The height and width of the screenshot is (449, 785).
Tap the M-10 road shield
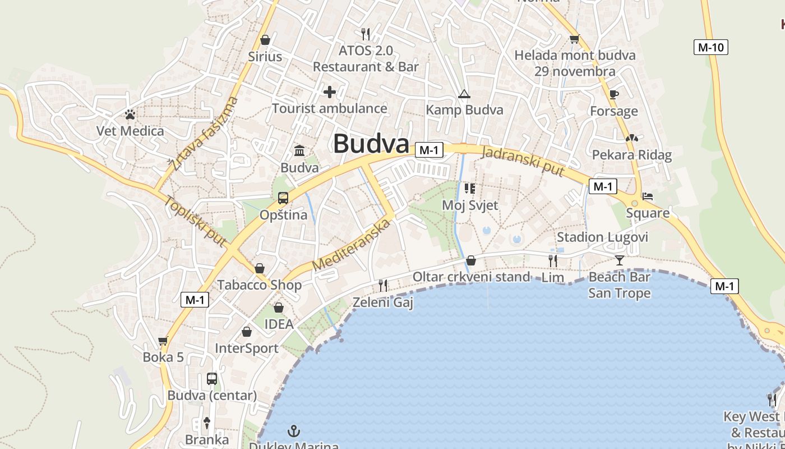coord(711,47)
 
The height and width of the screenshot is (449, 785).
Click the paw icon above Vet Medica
coord(131,114)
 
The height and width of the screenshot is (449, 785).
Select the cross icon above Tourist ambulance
coord(330,91)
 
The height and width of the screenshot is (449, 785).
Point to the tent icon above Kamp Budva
coord(464,94)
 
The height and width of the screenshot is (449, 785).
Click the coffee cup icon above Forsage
coord(613,94)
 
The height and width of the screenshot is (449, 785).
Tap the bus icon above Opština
coord(283,198)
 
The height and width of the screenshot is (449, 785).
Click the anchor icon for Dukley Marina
coord(294,431)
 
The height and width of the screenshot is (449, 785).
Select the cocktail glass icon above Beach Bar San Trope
coord(619,260)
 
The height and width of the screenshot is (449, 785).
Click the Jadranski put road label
coord(523,161)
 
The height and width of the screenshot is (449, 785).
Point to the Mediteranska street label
coord(351,245)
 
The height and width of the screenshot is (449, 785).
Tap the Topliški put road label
coord(196,221)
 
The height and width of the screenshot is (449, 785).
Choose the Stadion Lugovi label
coord(602,237)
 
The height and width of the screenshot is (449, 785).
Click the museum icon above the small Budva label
coord(299,151)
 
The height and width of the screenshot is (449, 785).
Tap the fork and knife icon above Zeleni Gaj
coord(383,286)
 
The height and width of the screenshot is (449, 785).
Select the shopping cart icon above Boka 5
coord(163,341)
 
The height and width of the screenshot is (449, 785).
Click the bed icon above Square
coord(648,197)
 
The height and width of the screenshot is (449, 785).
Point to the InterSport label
coord(247,349)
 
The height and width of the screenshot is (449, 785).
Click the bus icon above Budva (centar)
coord(212,378)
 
